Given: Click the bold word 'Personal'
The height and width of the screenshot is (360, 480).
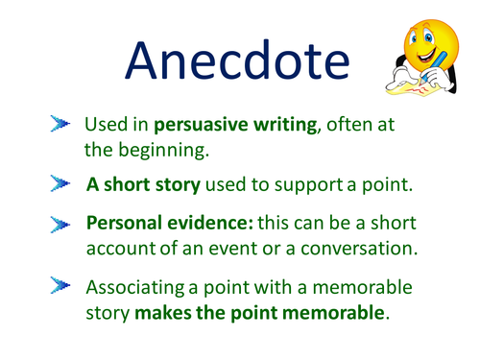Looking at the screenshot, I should tap(121, 224).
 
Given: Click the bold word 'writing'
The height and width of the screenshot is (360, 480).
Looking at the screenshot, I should tap(283, 127).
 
